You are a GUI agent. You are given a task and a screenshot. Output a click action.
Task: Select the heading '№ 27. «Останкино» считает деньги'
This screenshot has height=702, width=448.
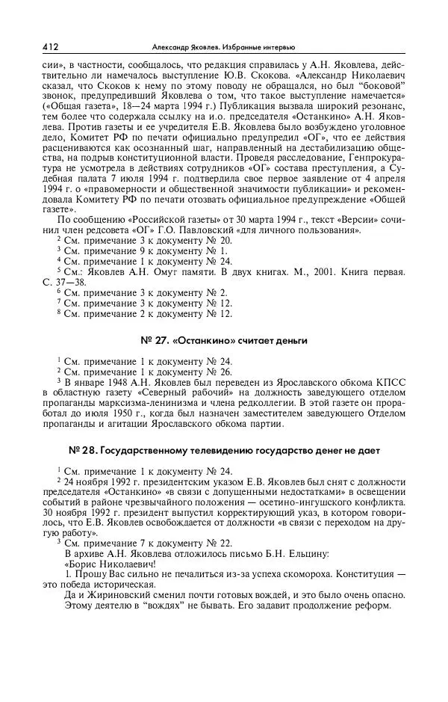coord(224,341)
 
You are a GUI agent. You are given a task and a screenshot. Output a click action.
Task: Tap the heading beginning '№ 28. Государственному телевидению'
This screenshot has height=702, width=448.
coord(224,451)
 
